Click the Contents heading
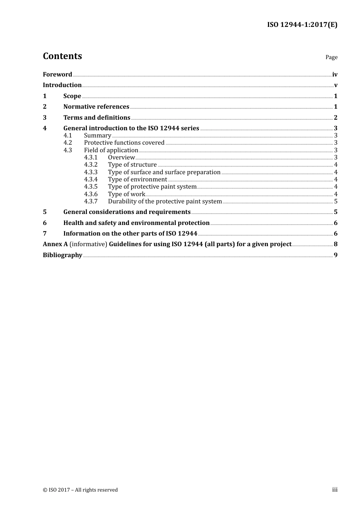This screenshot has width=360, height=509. (x=62, y=56)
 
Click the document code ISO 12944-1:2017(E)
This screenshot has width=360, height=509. (x=302, y=25)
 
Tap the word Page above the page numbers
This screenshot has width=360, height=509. (x=331, y=57)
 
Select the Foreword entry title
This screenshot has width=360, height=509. (x=57, y=74)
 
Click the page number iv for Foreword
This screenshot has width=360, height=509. (x=335, y=74)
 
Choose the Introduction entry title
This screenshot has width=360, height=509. (x=62, y=85)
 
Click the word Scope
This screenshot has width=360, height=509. (x=72, y=96)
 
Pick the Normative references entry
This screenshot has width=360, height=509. (x=96, y=106)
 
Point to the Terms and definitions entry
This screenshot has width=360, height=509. (x=97, y=117)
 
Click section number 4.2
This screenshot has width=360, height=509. (x=67, y=143)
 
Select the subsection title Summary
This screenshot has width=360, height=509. (x=97, y=136)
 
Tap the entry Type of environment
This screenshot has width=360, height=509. (x=137, y=180)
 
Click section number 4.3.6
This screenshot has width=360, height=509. (x=91, y=194)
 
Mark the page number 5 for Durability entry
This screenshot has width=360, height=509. (x=336, y=201)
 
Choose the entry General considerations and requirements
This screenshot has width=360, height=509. (x=127, y=212)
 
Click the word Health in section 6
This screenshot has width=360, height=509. (x=73, y=223)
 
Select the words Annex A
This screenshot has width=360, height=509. (x=55, y=244)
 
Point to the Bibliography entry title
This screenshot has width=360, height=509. (x=63, y=255)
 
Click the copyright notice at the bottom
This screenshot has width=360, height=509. (x=80, y=490)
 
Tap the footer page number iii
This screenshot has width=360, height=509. (x=335, y=490)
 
